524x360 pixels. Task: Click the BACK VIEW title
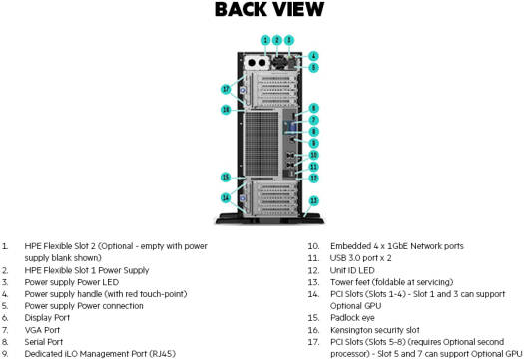pos(269,9)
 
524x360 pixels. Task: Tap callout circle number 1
pos(265,40)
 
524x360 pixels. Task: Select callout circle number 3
pos(289,40)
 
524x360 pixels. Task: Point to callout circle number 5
pos(313,68)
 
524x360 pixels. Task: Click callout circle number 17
pos(226,89)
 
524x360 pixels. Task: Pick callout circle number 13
pos(313,201)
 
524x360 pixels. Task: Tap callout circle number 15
pos(226,177)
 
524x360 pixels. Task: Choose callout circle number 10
pos(313,155)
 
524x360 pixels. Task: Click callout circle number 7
pos(313,120)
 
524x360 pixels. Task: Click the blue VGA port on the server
pos(292,128)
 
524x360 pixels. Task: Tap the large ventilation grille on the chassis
pos(262,144)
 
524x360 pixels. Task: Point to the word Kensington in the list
pos(351,330)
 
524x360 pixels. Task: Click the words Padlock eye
pos(352,318)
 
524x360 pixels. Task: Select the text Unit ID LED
pos(352,270)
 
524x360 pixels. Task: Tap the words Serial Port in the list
pos(44,342)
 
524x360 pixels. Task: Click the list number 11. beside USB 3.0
pos(313,258)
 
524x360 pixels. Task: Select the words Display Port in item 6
pos(47,318)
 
